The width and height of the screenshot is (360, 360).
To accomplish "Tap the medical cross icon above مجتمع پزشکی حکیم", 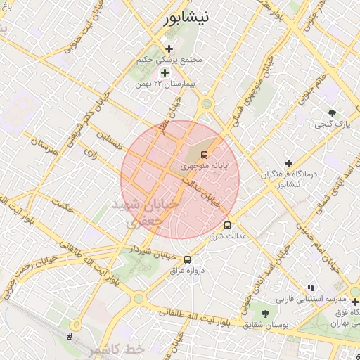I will pos(169,49).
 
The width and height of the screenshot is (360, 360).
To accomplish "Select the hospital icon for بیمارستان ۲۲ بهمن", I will pos(165,72).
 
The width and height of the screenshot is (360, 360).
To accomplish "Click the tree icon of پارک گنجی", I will pos(332,112).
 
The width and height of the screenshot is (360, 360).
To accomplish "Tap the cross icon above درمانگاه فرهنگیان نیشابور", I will pos(288,163).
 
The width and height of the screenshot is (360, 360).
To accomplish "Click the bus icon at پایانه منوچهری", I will pos(205,154).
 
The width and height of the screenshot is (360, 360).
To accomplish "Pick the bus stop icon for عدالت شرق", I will pos(227,226).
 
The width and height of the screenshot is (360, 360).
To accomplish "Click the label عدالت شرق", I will pos(228,237).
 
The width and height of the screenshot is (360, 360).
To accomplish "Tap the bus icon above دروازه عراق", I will pos(186,259).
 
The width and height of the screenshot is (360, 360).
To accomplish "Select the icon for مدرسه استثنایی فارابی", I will pos(311,287).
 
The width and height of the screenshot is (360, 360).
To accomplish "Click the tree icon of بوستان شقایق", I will pos(265,314).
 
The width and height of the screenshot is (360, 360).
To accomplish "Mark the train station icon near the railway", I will pos(69,335).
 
